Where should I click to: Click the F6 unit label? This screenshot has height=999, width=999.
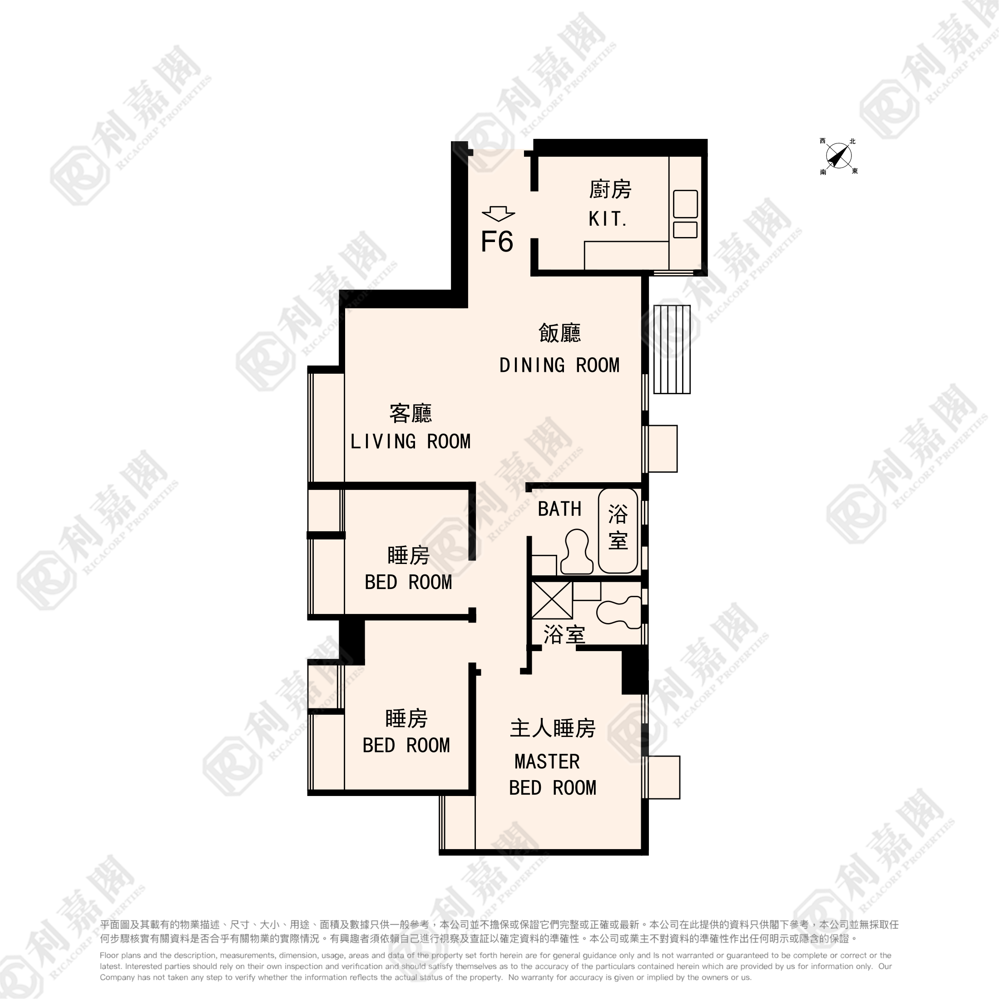[497, 242]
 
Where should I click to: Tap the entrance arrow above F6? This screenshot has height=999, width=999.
[498, 213]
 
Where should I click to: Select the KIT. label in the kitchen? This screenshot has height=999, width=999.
[608, 219]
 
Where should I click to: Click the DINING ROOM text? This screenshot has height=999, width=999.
[559, 365]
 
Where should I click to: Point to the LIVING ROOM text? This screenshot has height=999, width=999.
[410, 441]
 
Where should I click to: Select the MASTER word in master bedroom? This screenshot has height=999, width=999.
[547, 762]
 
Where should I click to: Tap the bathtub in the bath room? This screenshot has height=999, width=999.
[618, 530]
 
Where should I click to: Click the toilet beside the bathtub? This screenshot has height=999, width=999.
[577, 552]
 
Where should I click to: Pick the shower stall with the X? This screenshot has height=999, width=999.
[552, 600]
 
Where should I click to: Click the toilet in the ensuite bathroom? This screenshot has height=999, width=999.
[619, 612]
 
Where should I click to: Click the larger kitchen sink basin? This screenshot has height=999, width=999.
[686, 204]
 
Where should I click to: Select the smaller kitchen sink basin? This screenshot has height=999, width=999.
[686, 230]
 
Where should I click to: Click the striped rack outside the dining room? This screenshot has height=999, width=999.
[672, 349]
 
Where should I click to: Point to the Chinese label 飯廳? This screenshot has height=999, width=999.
[559, 333]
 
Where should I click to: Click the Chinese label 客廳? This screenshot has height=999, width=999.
[410, 413]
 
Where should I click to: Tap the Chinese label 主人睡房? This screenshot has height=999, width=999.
[553, 728]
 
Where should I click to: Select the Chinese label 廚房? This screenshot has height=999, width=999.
[610, 189]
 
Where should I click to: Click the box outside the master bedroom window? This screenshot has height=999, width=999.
[664, 777]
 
